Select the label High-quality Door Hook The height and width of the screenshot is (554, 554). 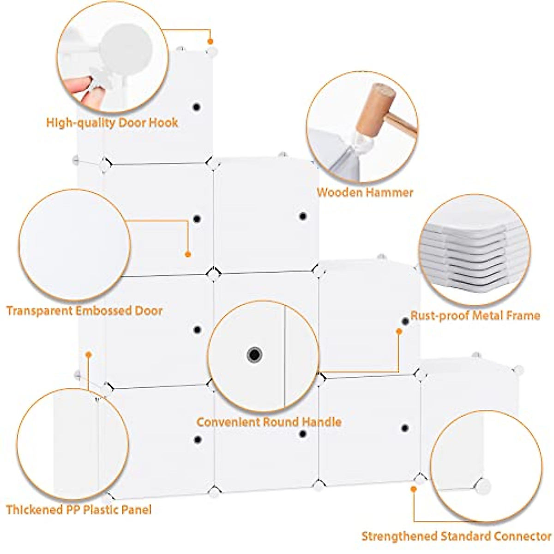click(112, 123)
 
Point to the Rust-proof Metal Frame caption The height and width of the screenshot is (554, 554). click(475, 316)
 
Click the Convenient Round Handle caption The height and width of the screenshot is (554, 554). click(269, 422)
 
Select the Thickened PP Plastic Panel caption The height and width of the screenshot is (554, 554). click(78, 510)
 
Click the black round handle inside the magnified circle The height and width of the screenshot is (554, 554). click(254, 355)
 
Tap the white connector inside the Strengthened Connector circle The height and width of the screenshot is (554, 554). click(483, 486)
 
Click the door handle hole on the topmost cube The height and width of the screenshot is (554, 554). click(197, 107)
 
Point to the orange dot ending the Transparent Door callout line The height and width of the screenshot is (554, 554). click(188, 254)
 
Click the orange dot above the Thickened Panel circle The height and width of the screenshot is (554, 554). click(89, 355)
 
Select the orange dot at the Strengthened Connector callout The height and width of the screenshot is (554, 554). click(414, 488)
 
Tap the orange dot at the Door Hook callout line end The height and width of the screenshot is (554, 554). click(210, 42)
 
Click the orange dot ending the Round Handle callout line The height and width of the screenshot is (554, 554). click(399, 331)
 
